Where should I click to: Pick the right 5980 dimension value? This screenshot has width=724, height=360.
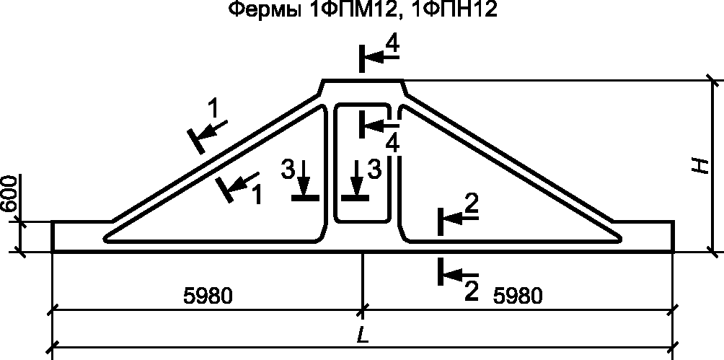click(517, 295)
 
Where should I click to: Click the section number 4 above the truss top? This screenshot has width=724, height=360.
click(392, 45)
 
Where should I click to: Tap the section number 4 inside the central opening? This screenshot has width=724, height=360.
click(392, 143)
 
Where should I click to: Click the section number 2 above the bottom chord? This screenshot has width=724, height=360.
click(471, 206)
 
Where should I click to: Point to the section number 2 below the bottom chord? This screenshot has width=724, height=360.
click(471, 291)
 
